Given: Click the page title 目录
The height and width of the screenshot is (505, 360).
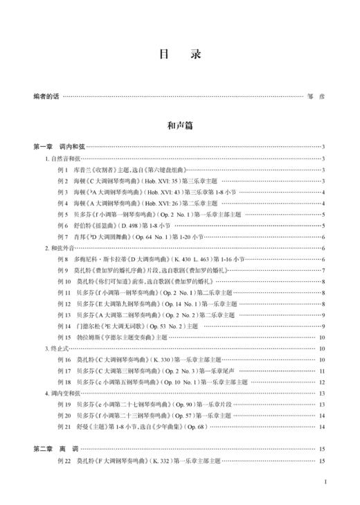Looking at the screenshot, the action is pos(179,54).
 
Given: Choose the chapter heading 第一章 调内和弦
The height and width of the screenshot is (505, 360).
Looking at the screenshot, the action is pos(59,147).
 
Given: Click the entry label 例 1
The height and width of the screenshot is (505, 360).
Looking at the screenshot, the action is pos(64,170).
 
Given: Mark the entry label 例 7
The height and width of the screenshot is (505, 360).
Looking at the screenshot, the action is pos(64,237).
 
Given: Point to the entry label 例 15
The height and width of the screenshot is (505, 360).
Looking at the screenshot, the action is pos(65,338).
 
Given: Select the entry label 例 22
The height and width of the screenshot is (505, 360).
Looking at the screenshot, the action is pos(65,461).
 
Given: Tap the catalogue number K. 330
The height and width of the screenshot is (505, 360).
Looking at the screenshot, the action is pos(150,360).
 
